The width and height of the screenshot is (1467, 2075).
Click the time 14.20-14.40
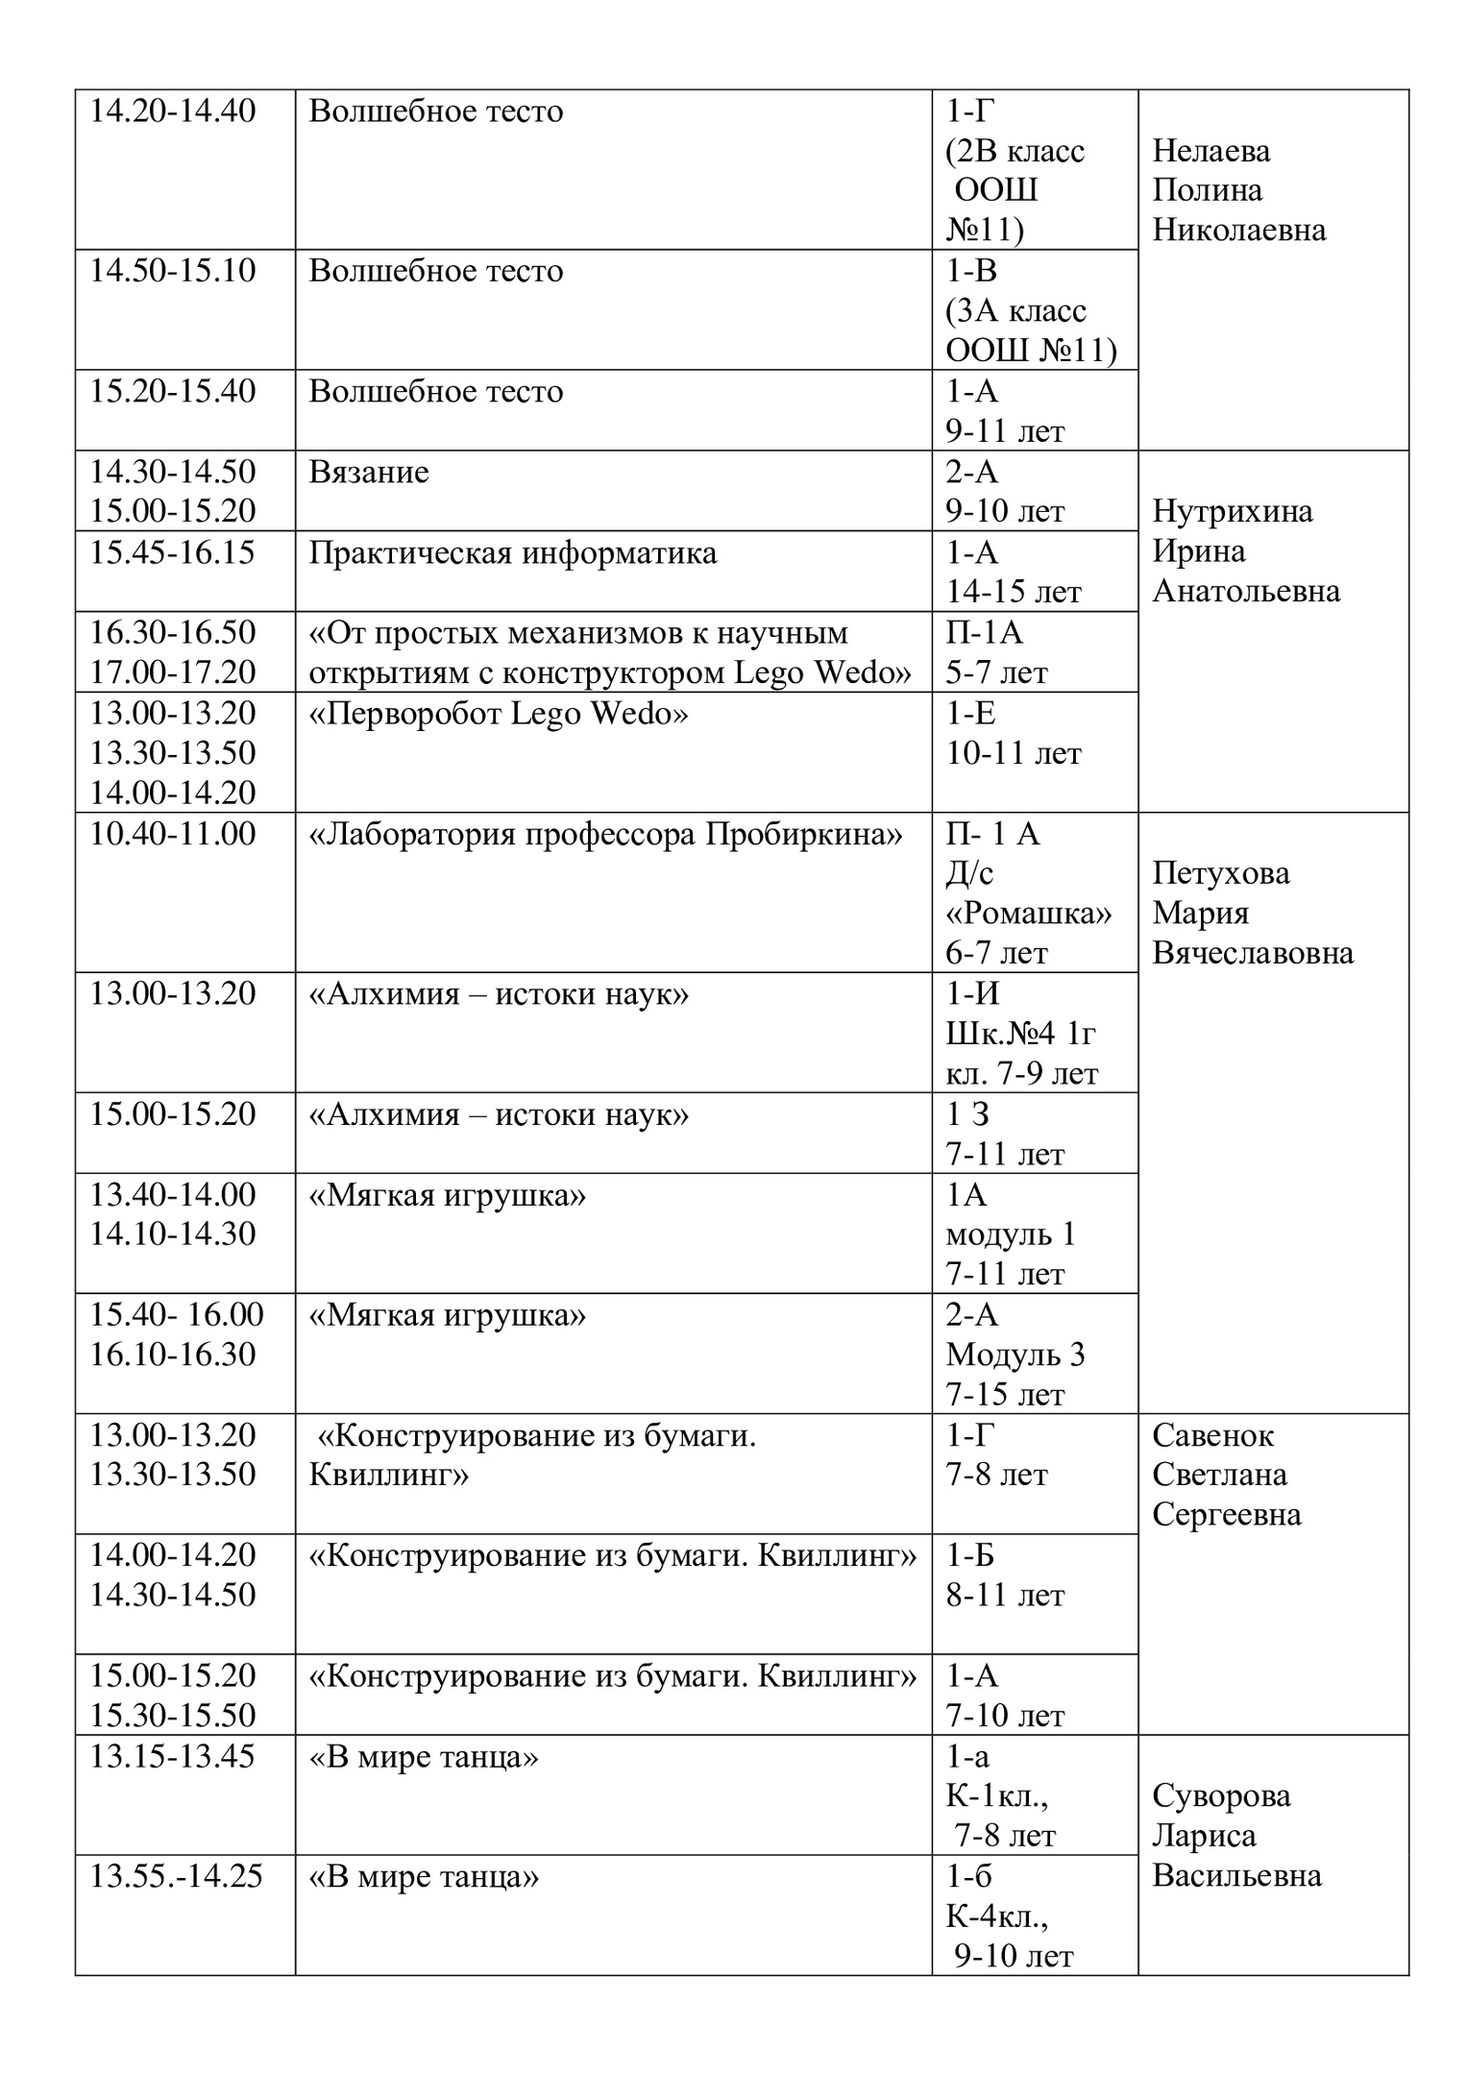(x=173, y=111)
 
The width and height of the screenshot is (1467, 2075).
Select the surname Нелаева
(x=1210, y=151)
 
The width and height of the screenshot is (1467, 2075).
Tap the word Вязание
(x=369, y=473)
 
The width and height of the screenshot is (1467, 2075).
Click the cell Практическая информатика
(x=512, y=553)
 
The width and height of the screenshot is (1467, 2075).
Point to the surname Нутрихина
(x=1232, y=511)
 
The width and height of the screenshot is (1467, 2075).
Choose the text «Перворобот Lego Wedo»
(x=498, y=714)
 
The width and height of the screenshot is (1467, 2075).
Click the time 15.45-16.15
(x=173, y=553)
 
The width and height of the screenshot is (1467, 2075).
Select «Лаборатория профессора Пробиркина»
(x=605, y=834)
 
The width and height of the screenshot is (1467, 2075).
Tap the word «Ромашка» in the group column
(x=1028, y=913)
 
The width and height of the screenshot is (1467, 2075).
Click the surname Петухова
(x=1220, y=873)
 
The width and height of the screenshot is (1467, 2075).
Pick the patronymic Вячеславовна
(x=1252, y=953)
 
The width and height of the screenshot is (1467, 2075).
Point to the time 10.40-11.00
(x=173, y=834)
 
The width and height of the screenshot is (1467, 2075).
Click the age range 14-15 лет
(x=1013, y=593)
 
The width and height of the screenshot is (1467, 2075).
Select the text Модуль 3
(x=1015, y=1355)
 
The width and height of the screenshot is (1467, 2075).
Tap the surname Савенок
(x=1212, y=1435)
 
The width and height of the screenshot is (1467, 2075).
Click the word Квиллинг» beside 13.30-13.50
(x=388, y=1475)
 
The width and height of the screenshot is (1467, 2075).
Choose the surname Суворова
(x=1221, y=1795)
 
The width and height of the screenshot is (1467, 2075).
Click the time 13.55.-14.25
(x=176, y=1876)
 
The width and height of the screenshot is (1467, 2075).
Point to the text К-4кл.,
(x=996, y=1916)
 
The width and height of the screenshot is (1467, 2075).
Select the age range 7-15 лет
(x=1005, y=1394)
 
